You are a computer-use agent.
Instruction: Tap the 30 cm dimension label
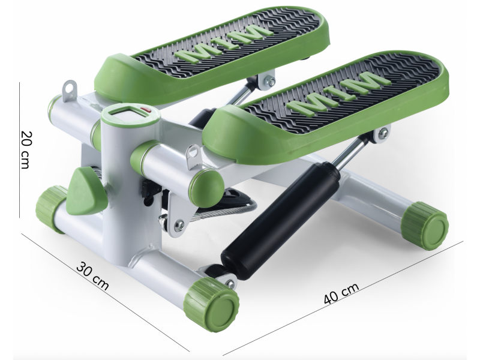tap(92, 275)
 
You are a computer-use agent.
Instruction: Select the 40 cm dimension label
tap(341, 293)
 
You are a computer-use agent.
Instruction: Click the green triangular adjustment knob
tap(86, 192)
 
